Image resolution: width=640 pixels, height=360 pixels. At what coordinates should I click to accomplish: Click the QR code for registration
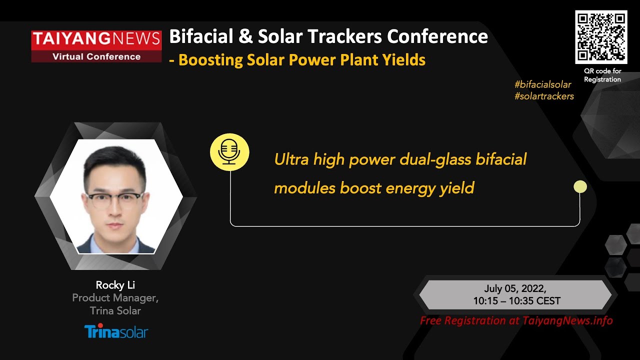point(601,36)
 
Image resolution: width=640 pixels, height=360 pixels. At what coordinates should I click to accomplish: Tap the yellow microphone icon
point(229,152)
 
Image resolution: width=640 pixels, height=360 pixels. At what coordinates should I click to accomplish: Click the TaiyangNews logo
point(96,46)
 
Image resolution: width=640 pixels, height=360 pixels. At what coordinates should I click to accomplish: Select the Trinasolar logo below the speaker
point(116,331)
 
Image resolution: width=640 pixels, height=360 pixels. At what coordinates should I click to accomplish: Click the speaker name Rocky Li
point(115,285)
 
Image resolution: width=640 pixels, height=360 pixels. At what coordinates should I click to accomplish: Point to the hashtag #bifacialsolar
point(542,84)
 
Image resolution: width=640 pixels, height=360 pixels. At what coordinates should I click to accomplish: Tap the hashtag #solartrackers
point(544,96)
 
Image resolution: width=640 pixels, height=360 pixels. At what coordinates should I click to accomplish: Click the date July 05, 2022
point(515,288)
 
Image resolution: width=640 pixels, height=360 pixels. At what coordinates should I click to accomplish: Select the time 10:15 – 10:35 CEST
point(516,301)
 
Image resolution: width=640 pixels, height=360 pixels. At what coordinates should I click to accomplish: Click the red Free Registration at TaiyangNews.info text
point(516,321)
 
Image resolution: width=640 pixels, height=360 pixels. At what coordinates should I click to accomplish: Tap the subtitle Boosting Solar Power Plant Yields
point(301,60)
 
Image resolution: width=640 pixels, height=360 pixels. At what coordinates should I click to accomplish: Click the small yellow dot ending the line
point(580,187)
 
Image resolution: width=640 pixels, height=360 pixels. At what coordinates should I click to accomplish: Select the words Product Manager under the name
point(115,298)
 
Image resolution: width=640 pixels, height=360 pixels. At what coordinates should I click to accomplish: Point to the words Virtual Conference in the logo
point(96,56)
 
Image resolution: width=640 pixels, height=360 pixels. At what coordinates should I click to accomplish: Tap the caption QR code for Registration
point(602,75)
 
